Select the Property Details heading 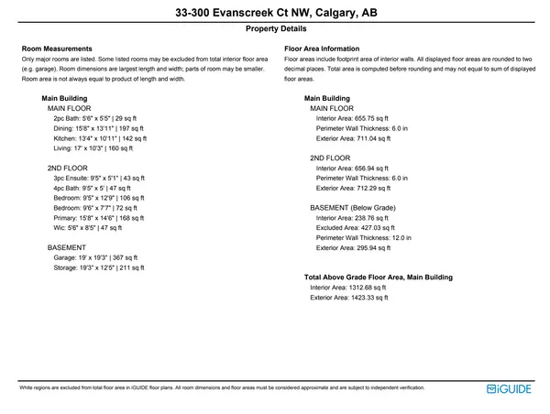point(275,29)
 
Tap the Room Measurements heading point(57,49)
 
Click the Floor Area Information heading point(322,49)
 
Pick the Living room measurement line point(93,148)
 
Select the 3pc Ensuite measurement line point(100,178)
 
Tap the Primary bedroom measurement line point(100,218)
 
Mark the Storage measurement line point(98,268)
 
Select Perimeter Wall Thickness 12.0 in point(362,238)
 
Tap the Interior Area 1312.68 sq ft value point(349,288)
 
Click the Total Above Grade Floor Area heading point(378,277)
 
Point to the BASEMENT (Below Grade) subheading point(352,208)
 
